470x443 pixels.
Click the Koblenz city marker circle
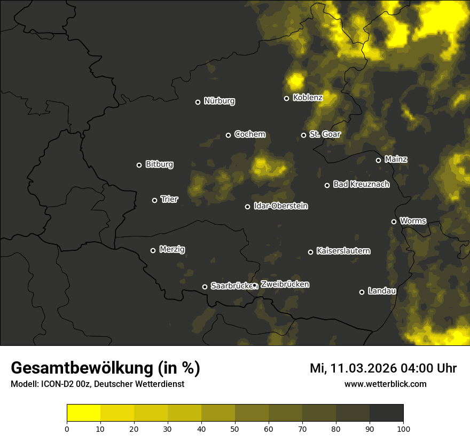tap(286, 98)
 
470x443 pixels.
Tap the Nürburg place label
tap(219, 101)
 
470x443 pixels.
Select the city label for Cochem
tap(249, 135)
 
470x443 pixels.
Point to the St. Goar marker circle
tap(303, 135)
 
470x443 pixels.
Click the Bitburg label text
tap(159, 164)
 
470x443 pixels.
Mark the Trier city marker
tap(155, 200)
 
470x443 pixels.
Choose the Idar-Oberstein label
tap(280, 206)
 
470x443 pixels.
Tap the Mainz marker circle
tap(378, 160)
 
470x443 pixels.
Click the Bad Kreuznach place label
tap(361, 185)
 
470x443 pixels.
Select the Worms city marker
tap(394, 222)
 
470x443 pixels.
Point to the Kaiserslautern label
tap(343, 251)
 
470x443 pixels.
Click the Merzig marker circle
tap(153, 250)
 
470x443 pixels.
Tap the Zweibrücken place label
tap(285, 284)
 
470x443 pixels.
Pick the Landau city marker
tap(362, 292)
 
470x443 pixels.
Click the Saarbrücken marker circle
tap(205, 287)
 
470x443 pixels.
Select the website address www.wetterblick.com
tap(386, 384)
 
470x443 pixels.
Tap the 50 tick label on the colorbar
tap(235, 428)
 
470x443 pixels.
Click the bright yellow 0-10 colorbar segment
tap(83, 413)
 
